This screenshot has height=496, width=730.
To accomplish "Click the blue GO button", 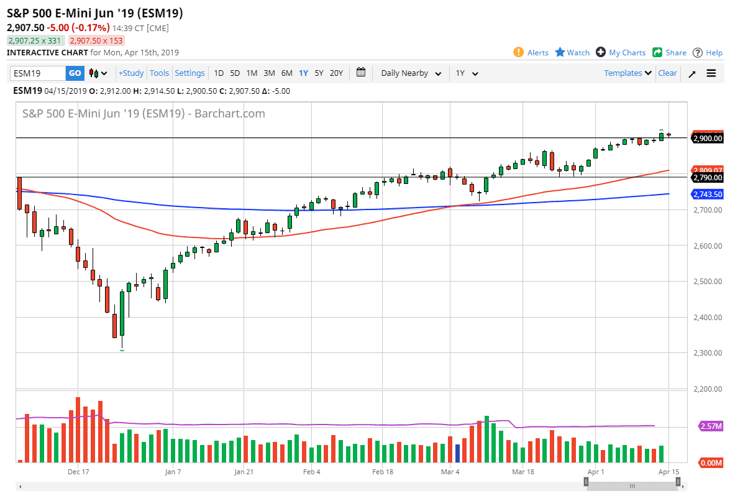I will click(75, 73).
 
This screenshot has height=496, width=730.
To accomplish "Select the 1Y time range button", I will click(303, 73).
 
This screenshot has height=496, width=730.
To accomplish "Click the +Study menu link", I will click(131, 73).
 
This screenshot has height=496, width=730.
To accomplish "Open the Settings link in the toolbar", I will click(189, 73).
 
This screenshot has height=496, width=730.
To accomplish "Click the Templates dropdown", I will click(627, 73).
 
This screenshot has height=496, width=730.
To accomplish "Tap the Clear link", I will click(667, 73).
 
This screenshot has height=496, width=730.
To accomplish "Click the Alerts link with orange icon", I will click(531, 53).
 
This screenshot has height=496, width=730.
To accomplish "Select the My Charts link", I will click(621, 53).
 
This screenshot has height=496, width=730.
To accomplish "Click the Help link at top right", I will click(708, 53).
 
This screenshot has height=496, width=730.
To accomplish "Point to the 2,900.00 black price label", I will click(708, 139).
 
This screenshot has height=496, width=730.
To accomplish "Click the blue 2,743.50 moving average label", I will click(708, 195).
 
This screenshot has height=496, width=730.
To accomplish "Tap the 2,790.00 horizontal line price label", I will click(708, 178).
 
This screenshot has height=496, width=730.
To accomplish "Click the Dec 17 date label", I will click(79, 472).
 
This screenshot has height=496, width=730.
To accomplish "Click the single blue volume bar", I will click(458, 453).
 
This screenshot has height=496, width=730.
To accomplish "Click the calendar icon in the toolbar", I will click(361, 73).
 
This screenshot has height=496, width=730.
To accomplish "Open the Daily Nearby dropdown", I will click(411, 73).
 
